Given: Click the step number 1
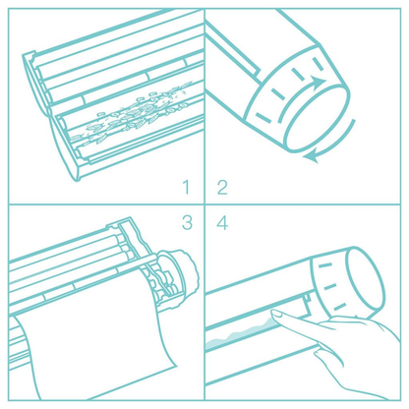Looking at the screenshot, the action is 187,187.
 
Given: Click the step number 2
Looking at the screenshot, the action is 222,188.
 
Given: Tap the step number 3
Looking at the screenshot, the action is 187,222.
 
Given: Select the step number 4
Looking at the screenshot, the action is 222,222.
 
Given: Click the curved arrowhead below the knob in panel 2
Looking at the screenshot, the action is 312,157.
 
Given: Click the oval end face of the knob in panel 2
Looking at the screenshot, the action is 317,117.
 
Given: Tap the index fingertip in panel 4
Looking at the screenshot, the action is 276,315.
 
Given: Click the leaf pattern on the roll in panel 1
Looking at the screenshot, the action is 131,113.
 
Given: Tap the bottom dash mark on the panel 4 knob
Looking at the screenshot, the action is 339,308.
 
